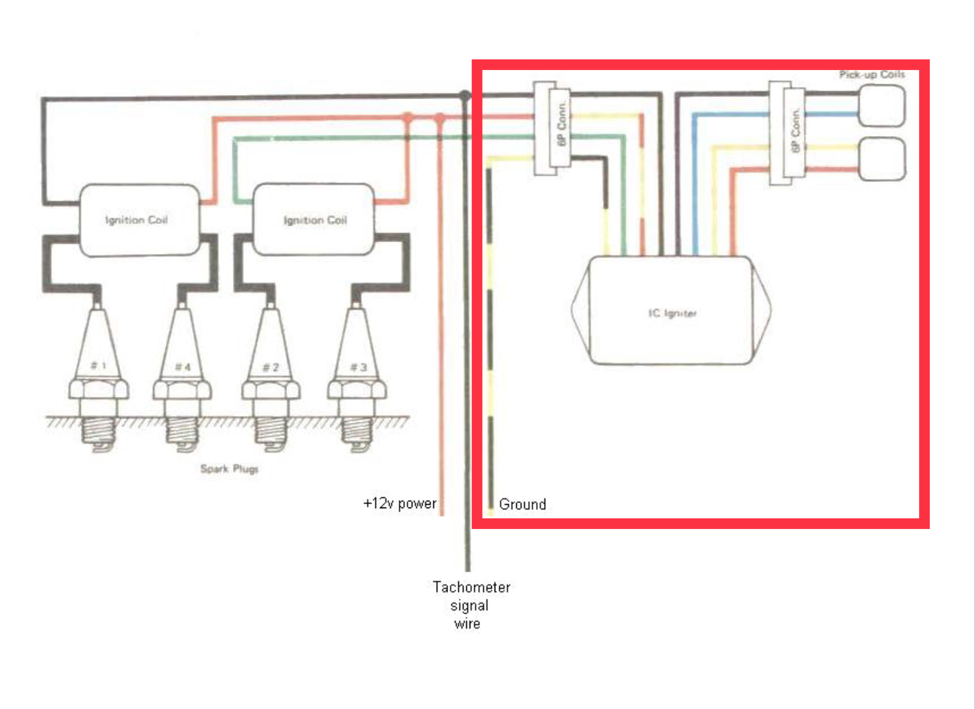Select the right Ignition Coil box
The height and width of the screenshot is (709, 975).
tap(313, 220)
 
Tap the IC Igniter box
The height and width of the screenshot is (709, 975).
tap(671, 312)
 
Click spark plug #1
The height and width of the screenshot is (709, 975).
tap(98, 377)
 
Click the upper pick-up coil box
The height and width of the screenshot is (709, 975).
tap(881, 106)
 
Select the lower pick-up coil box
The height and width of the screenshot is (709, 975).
tap(881, 158)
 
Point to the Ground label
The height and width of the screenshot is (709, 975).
tap(522, 504)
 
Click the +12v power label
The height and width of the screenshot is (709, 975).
tap(400, 503)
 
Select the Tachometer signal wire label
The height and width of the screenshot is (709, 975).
tap(470, 605)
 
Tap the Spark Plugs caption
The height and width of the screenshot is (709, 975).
tap(229, 468)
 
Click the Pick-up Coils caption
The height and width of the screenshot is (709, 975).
tap(871, 74)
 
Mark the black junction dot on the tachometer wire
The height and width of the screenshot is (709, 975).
tap(465, 96)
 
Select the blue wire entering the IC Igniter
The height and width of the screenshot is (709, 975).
tap(695, 202)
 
